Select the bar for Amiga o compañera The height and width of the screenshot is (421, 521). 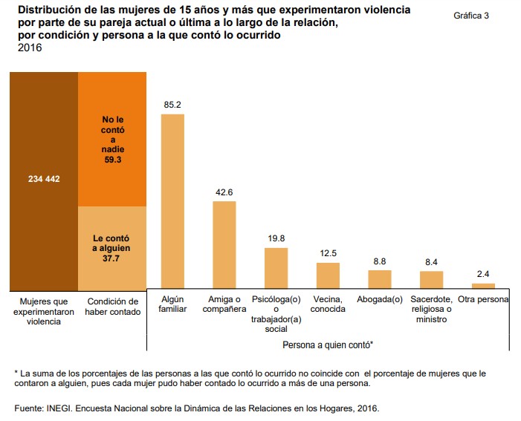coord(224,244)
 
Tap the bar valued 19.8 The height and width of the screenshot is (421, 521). coord(276,267)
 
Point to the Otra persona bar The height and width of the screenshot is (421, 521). coord(483,285)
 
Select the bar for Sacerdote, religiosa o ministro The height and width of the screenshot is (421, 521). coord(431,279)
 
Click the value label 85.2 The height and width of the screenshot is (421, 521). coord(172,105)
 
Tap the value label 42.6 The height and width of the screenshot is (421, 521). coord(224,192)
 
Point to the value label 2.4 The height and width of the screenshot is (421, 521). coord(483,274)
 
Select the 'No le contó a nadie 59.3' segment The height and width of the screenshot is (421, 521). coord(113,139)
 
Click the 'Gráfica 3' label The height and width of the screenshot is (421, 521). coord(470,16)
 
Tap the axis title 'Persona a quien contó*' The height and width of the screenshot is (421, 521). coord(327,345)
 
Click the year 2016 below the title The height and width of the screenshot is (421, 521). coord(29,48)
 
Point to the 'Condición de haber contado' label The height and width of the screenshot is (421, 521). coord(113,307)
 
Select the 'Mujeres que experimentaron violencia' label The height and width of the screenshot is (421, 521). coord(44,312)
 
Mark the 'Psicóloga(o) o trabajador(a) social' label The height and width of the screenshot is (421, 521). coord(276,314)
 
